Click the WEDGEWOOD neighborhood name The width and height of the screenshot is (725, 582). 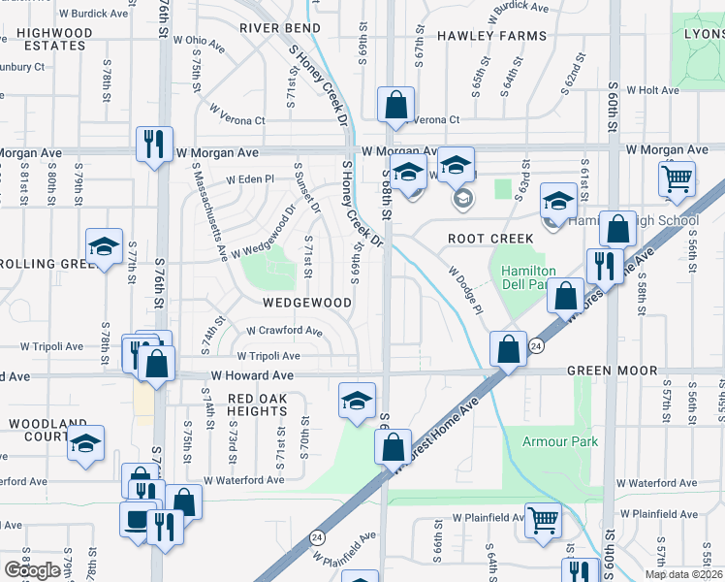point(306,303)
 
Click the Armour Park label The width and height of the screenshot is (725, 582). point(561,442)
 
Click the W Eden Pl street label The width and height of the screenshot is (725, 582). point(251,178)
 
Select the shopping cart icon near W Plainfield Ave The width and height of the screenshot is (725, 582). point(543,521)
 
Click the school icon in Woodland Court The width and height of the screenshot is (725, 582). point(85,443)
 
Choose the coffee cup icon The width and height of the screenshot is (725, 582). point(138,518)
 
